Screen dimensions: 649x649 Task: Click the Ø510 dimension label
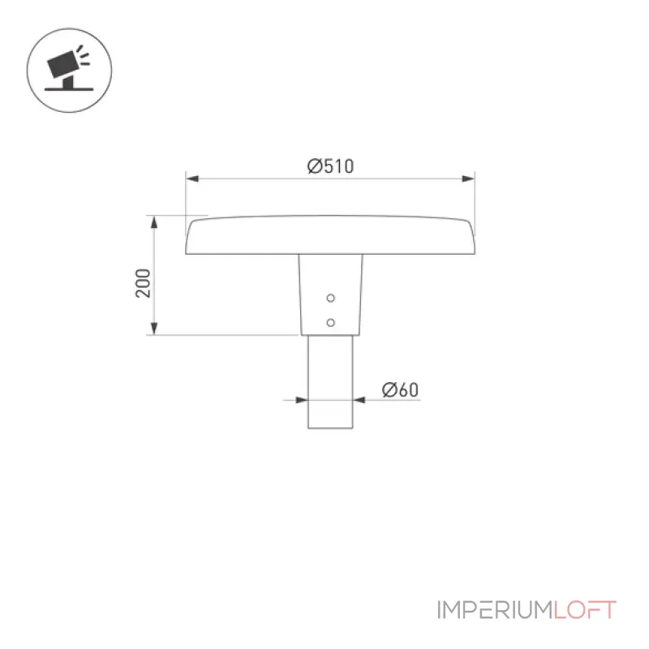tap(330, 166)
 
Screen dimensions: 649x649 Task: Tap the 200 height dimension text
tap(144, 283)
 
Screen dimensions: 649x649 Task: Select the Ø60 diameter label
tap(400, 389)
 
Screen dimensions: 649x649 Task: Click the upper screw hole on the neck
tap(330, 298)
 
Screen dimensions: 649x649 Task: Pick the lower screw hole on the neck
tap(330, 322)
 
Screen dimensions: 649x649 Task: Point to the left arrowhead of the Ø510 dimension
tap(192, 178)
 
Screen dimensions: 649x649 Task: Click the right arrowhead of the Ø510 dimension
tap(468, 178)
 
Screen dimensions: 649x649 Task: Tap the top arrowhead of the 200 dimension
tap(154, 222)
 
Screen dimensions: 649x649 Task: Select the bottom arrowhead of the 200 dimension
tap(154, 329)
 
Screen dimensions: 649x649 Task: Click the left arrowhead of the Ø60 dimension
tap(302, 400)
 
